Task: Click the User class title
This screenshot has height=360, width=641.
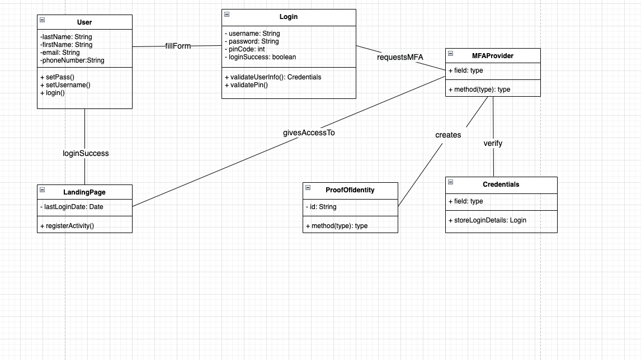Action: (84, 22)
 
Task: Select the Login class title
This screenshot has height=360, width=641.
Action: (289, 17)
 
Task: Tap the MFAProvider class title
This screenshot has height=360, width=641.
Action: (493, 56)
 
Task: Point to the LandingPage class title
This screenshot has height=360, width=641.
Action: (84, 192)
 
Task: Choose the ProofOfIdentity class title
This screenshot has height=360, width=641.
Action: (350, 190)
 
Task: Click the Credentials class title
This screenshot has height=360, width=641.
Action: (501, 184)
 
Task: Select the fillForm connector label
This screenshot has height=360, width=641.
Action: (178, 46)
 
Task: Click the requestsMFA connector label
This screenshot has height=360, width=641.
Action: (400, 57)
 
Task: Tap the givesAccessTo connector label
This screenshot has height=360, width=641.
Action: (309, 133)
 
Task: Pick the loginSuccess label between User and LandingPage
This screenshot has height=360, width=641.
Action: (86, 153)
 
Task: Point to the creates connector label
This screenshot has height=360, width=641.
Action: (448, 135)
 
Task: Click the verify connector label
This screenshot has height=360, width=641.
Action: (493, 143)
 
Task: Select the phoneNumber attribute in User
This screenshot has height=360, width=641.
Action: (72, 60)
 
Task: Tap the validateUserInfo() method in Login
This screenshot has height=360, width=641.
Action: (272, 77)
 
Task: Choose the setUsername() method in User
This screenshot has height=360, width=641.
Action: (65, 85)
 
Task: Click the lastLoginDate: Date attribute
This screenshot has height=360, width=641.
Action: (72, 207)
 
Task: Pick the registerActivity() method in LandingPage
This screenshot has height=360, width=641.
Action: (67, 226)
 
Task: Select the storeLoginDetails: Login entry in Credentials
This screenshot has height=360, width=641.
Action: (487, 220)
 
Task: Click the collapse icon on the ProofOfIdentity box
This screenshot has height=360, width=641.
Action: (308, 188)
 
